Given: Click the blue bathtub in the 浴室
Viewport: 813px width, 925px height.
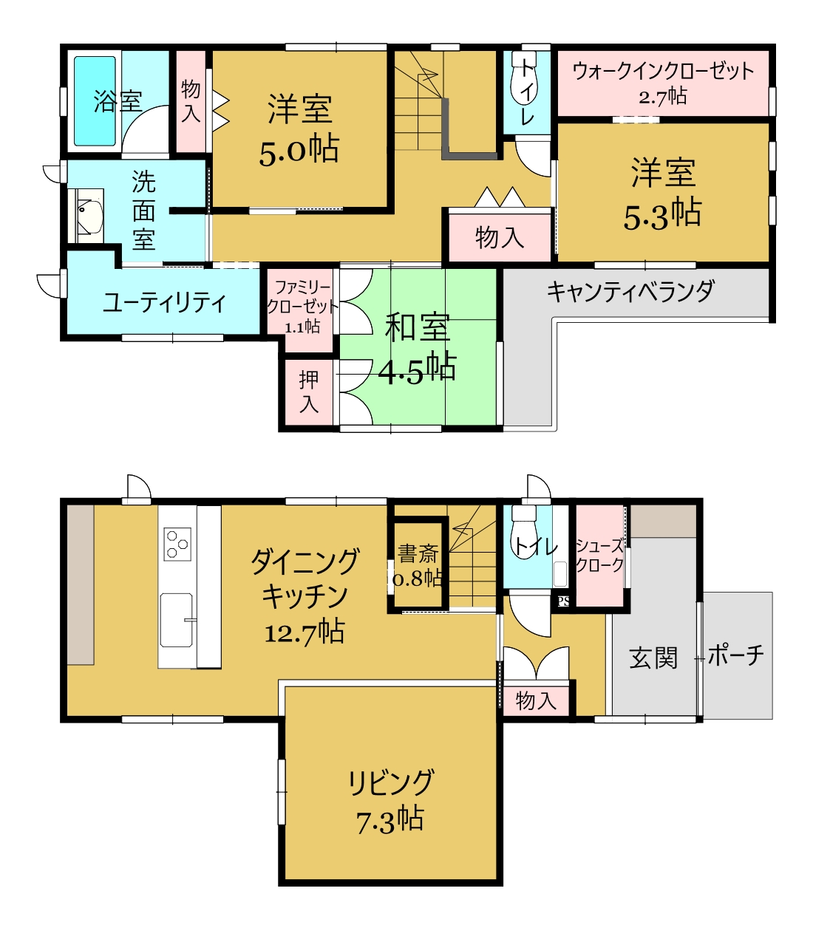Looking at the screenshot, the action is click(95, 101).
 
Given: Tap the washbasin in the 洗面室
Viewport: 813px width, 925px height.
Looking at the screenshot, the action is click(90, 216).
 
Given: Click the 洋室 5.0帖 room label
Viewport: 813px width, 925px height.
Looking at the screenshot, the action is click(299, 129).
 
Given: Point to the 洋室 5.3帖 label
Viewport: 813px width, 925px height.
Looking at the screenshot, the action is click(663, 193).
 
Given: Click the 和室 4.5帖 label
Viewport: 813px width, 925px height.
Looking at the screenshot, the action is click(417, 349).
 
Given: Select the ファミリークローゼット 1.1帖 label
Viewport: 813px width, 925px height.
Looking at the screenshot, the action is click(302, 307).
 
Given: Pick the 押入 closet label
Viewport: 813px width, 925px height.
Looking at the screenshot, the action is click(309, 392).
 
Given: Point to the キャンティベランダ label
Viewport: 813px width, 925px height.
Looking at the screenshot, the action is click(630, 291).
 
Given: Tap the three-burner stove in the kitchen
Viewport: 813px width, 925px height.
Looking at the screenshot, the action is click(177, 544).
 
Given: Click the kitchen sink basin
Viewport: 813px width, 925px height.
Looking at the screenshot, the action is click(177, 620).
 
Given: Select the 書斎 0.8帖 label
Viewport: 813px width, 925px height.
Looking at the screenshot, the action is click(418, 565).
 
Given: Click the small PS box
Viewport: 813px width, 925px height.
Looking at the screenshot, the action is click(563, 601).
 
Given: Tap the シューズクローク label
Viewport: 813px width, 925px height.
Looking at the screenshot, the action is click(599, 555).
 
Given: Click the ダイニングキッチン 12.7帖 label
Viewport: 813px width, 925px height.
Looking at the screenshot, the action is click(305, 595).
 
